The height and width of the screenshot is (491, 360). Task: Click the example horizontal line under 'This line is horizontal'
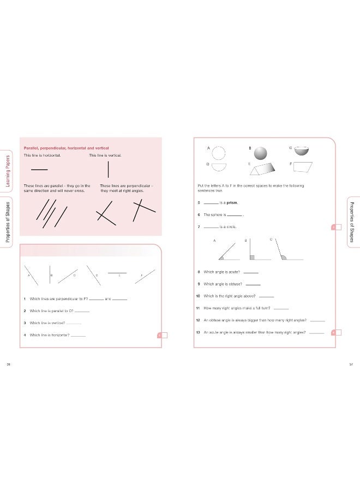click(39, 169)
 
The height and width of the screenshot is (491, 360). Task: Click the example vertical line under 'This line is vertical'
click(109, 170)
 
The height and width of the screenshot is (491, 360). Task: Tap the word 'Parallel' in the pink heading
click(32, 148)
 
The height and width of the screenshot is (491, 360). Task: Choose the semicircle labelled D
click(218, 166)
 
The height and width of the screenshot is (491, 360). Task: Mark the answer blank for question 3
click(74, 324)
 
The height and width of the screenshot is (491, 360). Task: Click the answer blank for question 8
click(250, 272)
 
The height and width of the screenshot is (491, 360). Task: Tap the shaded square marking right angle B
click(252, 257)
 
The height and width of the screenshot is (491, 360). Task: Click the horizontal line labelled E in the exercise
click(117, 272)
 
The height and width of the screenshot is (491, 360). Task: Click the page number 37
click(351, 365)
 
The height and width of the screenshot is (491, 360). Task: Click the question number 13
click(198, 332)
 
